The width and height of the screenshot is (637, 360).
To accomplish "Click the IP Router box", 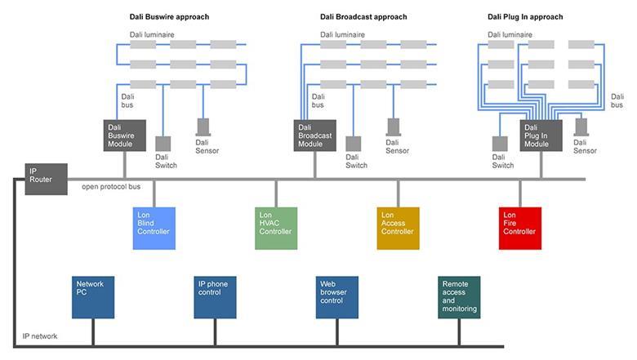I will tap(46, 179).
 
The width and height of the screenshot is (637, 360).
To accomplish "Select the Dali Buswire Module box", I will tap(125, 136).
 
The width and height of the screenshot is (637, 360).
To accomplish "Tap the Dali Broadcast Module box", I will tap(314, 136).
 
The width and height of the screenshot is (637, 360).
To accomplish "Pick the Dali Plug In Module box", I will tap(541, 136).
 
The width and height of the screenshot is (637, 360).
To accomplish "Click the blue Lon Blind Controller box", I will tap(154, 228).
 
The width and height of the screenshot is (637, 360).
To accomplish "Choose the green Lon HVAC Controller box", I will tap(276, 228).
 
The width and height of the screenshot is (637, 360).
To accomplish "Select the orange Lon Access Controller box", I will tap(398, 228).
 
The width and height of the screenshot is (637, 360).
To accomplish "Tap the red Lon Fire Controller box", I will tap(519, 228).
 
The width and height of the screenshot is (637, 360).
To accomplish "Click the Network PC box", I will tap(92, 297).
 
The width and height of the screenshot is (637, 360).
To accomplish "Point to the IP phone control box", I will tap(215, 297).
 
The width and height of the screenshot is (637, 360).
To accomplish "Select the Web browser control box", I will tap(337, 297).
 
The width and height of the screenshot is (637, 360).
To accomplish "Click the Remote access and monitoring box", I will tap(459, 297).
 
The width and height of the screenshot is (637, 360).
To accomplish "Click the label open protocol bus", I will tap(111, 187).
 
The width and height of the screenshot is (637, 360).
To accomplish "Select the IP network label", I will tap(40, 336).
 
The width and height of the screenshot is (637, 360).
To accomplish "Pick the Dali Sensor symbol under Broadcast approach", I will tap(394, 127).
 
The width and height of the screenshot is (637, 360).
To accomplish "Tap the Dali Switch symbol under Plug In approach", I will tap(501, 144).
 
